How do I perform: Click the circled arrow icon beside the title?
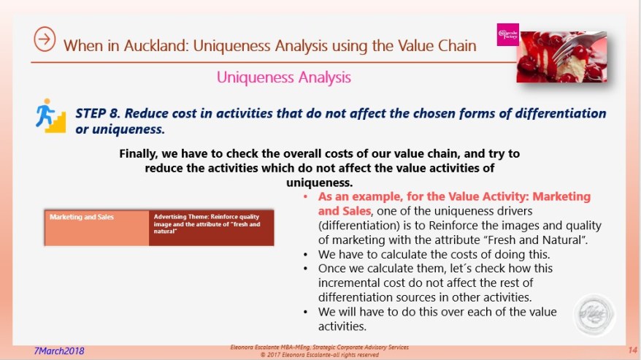(45, 41)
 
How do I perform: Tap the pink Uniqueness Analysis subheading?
(283, 77)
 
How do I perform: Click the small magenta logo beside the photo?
(507, 35)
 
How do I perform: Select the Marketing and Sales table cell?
(97, 226)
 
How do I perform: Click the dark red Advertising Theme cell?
(211, 226)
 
